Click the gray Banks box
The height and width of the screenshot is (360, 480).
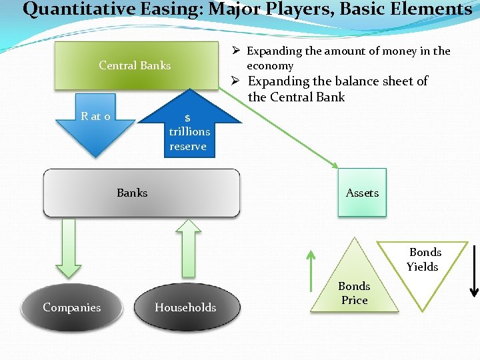coord(141,193)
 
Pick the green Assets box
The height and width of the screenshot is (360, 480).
coord(362,193)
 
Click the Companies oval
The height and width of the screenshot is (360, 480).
coord(72,307)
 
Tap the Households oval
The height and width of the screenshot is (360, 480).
coord(185,307)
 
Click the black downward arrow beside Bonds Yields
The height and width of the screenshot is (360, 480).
coord(473,270)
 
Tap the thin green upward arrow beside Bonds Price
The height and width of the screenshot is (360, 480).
coord(311,270)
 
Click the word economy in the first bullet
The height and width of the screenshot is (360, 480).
coord(270,65)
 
